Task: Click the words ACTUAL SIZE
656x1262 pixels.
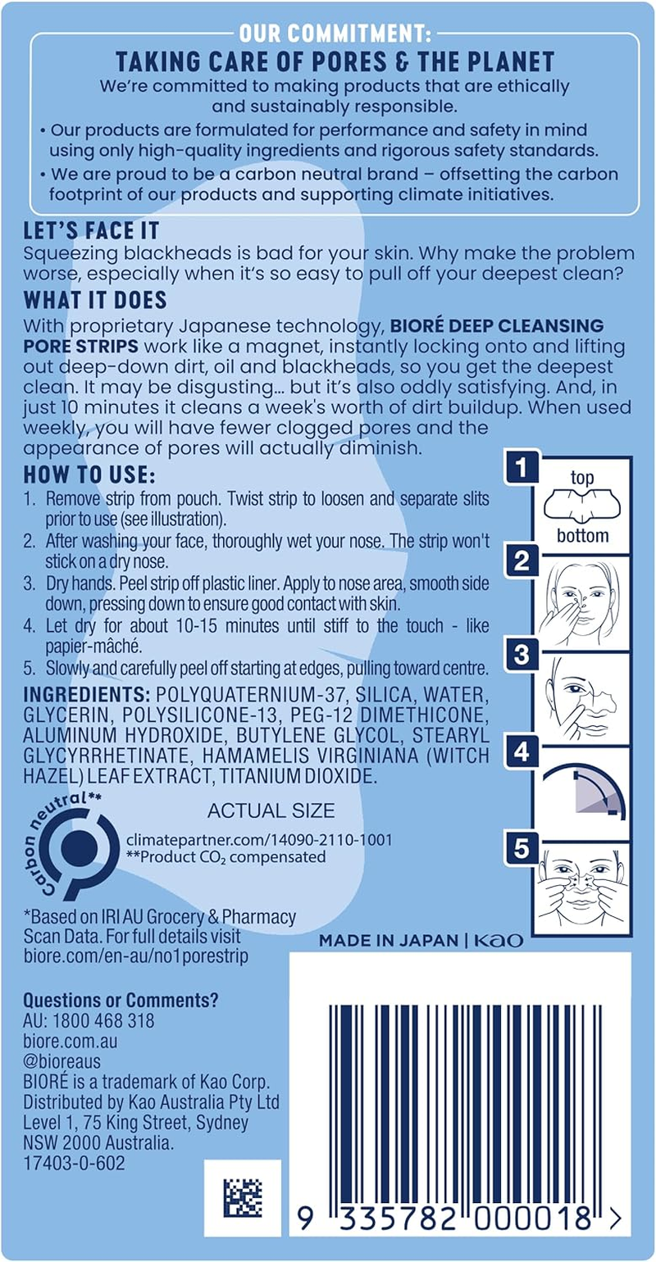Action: click(271, 811)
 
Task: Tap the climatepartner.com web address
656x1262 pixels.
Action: click(259, 840)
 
